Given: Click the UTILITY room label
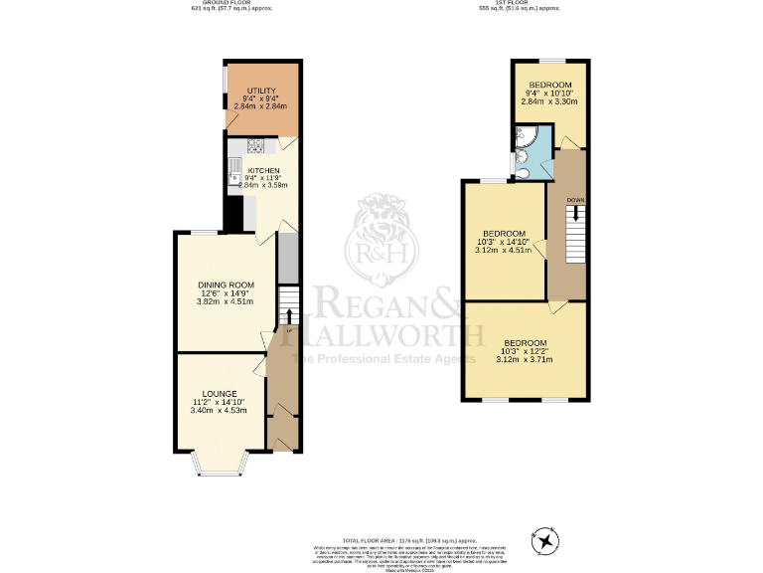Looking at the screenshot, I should coord(261,91).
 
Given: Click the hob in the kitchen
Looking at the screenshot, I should coord(254,146).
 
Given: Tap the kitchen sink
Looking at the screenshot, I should coord(234,179).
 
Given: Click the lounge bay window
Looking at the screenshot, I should coord(220,460).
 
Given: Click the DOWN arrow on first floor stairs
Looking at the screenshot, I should coord(575,213).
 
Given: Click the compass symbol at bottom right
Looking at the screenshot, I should coord(545,540).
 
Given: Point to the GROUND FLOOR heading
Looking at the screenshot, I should coord(230,4).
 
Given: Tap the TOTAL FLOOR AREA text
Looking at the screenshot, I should coord(381,538).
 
